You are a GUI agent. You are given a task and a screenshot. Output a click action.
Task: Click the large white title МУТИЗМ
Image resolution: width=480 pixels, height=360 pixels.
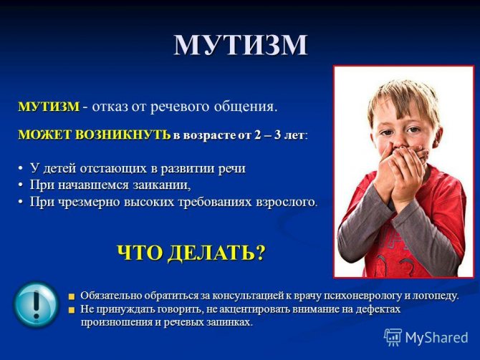click(241, 45)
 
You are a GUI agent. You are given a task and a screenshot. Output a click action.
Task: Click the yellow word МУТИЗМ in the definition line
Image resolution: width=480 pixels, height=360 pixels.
click(49, 107)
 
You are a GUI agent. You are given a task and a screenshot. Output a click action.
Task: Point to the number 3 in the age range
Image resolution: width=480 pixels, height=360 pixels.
click(278, 135)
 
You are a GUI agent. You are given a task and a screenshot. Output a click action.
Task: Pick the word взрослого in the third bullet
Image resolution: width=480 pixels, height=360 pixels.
click(286, 203)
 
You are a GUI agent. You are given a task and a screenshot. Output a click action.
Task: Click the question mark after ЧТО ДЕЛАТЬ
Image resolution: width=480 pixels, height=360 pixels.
click(259, 253)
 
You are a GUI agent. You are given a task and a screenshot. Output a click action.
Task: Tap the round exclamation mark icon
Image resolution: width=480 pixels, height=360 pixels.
click(36, 304)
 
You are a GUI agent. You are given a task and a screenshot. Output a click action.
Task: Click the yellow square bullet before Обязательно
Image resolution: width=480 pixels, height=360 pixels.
click(72, 296)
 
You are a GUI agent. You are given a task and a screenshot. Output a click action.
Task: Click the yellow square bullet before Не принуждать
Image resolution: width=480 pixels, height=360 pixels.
click(72, 310)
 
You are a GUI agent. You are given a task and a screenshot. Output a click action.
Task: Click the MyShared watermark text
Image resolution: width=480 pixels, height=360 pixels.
click(436, 338)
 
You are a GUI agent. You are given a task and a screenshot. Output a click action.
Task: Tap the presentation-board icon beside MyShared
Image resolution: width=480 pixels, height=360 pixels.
click(393, 337)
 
